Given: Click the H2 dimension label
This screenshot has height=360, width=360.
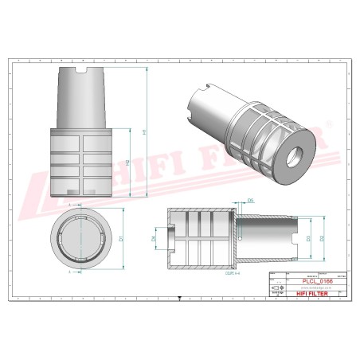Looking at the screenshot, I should [128, 162].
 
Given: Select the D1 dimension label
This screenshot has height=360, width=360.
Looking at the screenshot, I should [119, 238].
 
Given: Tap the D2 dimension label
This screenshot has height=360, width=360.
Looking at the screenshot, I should [321, 237].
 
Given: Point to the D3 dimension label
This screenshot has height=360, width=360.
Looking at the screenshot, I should [308, 237].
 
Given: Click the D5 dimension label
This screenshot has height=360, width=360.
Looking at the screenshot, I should [229, 202].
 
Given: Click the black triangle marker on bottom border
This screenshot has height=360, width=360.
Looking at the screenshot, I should [180, 299].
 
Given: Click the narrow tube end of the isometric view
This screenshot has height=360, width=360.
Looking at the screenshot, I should [200, 105].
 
